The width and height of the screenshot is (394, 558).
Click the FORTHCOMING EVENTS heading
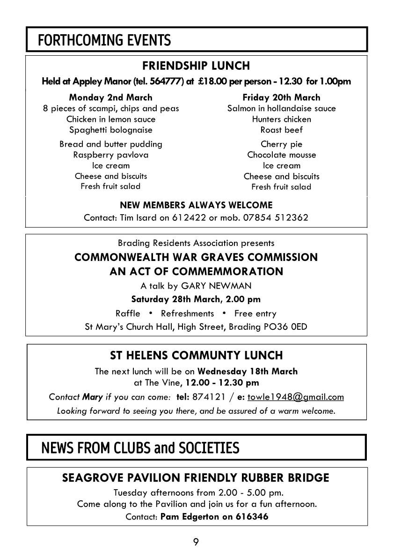(x=104, y=41)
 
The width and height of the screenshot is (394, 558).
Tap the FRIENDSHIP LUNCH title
(x=196, y=66)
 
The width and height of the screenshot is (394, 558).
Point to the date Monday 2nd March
(x=110, y=97)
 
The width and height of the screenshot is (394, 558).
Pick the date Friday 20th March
(x=281, y=97)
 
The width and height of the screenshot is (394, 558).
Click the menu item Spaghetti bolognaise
(x=110, y=130)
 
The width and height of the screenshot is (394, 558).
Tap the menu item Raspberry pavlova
(x=110, y=155)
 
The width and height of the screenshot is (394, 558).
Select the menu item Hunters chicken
(x=281, y=119)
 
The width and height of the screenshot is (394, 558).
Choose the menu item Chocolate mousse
(x=281, y=155)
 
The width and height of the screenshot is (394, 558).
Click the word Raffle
(x=128, y=313)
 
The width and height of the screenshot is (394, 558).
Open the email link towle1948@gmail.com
(x=295, y=397)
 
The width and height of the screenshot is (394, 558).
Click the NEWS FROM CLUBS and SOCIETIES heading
(x=140, y=448)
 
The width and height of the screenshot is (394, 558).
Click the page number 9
(x=196, y=542)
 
